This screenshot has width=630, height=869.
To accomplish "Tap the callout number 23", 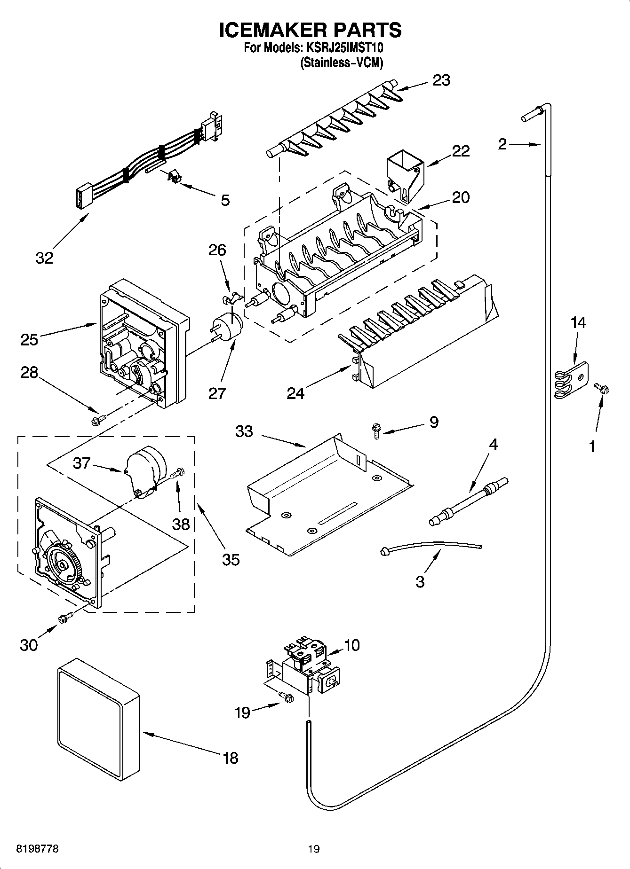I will (441, 80).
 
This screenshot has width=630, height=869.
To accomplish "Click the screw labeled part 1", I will (602, 388).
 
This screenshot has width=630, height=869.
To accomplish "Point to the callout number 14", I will (579, 323).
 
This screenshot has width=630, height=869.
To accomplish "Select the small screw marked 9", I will (377, 430).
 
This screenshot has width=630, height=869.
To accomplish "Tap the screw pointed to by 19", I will (285, 697).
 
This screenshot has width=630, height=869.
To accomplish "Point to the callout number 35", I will (231, 559).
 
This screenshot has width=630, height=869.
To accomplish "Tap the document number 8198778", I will (38, 849).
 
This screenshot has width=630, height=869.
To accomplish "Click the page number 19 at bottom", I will (314, 849).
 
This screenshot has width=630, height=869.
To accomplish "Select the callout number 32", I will (45, 258).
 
